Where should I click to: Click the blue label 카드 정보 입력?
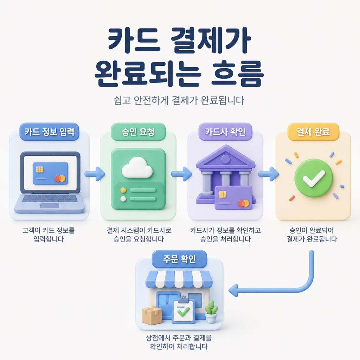pos(49,132)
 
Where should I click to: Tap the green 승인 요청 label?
pos(138,132)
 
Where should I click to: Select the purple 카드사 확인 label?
pos(225,132)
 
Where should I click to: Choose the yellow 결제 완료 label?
pos(313,132)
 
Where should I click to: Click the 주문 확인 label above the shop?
pos(179,259)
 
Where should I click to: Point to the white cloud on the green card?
pos(137,167)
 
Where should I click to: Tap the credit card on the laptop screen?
pos(51,173)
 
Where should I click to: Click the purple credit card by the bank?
pos(233,198)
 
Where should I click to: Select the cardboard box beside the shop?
pos(152,315)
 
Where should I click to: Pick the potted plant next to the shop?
pos(211,311)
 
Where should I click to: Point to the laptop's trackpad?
pos(50,206)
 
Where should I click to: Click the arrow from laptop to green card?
pos(95,174)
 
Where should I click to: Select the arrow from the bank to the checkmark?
pos(269,174)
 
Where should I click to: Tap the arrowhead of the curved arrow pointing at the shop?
pos(233,290)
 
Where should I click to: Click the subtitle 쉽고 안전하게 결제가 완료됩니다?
pos(179,100)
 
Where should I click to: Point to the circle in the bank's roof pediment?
pos(225,159)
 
